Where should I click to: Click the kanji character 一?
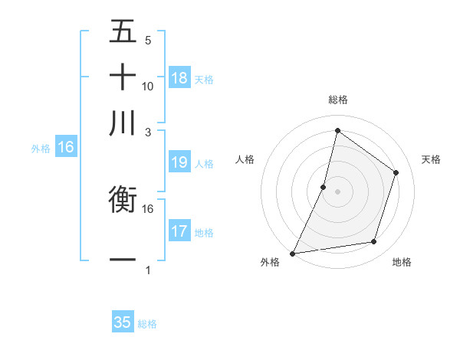pyautogui.click(x=123, y=260)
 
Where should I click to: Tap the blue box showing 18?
pyautogui.click(x=179, y=78)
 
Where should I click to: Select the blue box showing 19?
pyautogui.click(x=179, y=162)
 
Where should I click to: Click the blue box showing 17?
pyautogui.click(x=179, y=231)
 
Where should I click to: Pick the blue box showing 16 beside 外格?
pyautogui.click(x=66, y=148)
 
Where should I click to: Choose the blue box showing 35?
pyautogui.click(x=123, y=322)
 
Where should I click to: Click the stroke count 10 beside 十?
pyautogui.click(x=148, y=86)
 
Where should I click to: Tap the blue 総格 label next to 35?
pyautogui.click(x=147, y=324)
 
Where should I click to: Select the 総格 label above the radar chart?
pyautogui.click(x=337, y=100)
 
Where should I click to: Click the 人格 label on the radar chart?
pyautogui.click(x=245, y=159)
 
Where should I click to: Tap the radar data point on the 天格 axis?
pyautogui.click(x=396, y=172)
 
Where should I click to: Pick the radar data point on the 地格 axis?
pyautogui.click(x=374, y=242)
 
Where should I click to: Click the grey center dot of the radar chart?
pyautogui.click(x=337, y=191)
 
